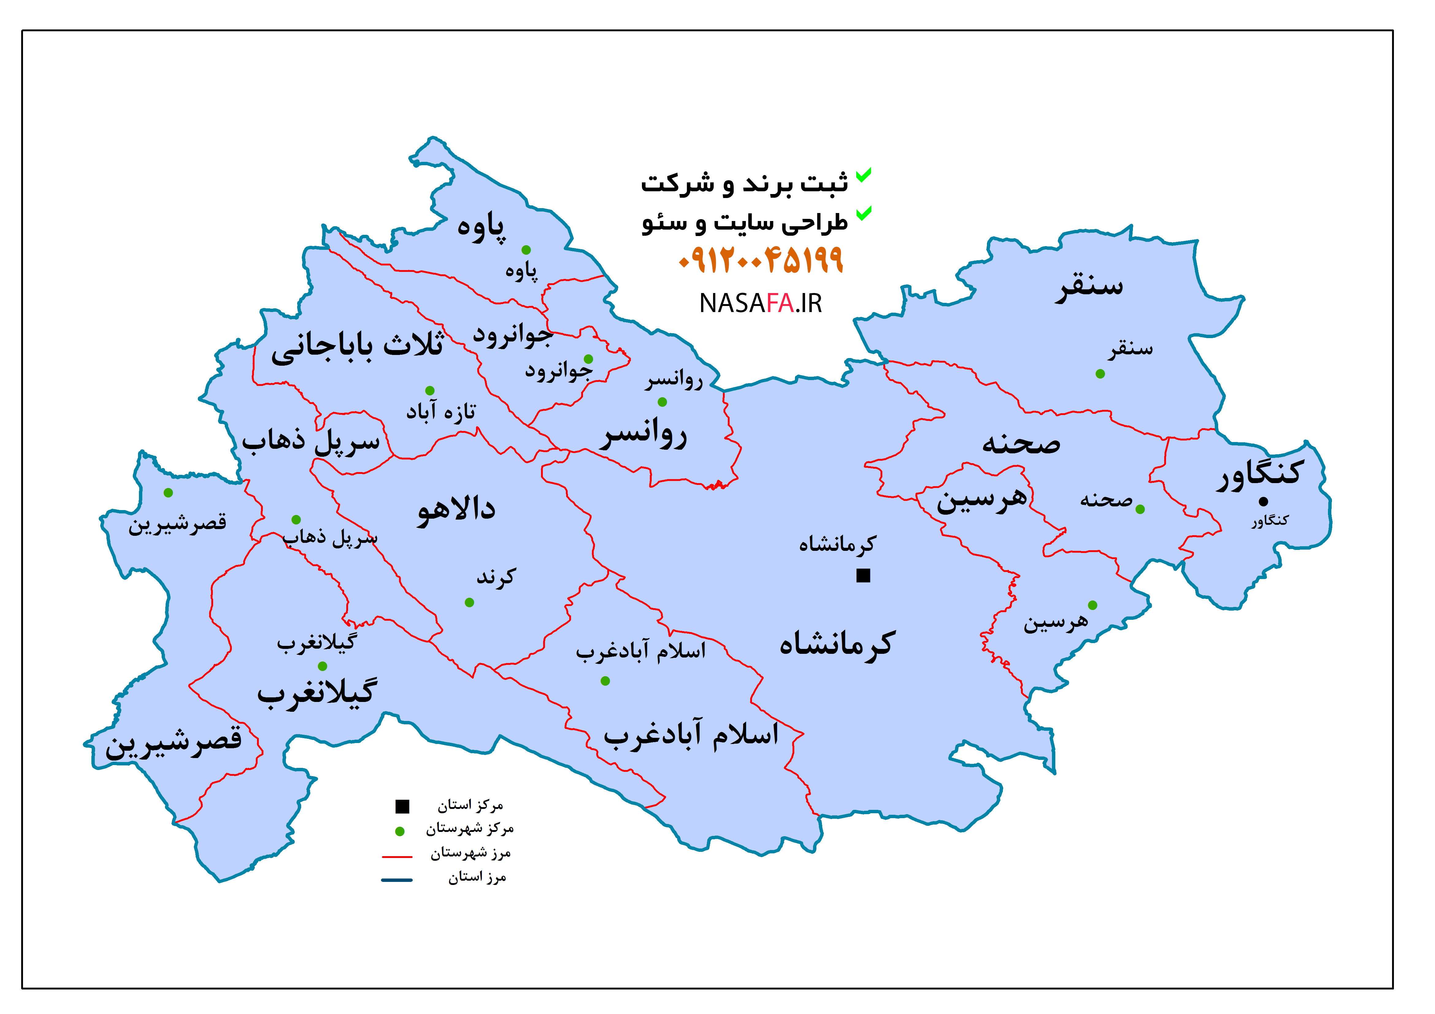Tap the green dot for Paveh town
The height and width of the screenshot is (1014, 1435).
coord(526,250)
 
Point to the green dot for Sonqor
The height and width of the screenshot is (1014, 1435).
coord(1100,374)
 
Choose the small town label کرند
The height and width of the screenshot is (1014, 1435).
coord(496,577)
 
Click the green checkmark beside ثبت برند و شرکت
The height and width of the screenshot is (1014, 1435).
coord(863,176)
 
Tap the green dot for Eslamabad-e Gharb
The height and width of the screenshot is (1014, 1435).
coord(605,681)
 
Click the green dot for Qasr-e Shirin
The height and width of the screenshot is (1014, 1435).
coord(168,493)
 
